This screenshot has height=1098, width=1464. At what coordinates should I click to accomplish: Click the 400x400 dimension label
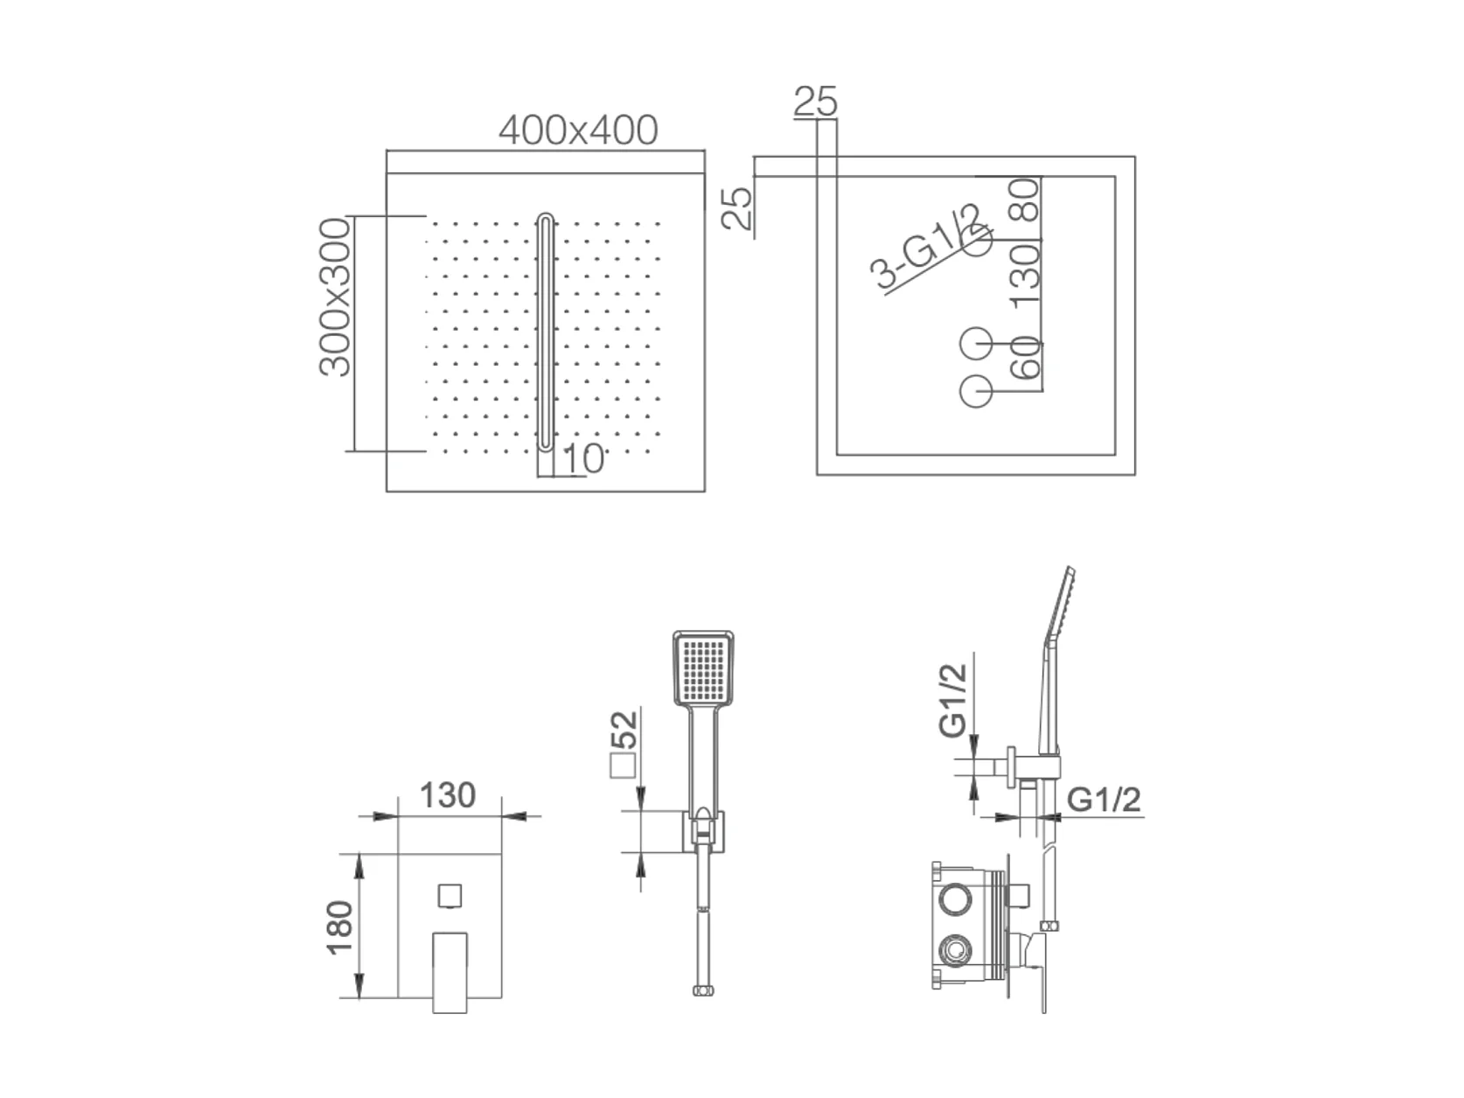(x=577, y=130)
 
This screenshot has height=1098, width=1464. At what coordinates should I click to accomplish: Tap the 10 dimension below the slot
(x=583, y=459)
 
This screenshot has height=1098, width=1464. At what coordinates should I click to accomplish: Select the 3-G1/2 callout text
(x=925, y=248)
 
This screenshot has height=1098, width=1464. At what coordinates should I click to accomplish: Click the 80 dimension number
(x=1025, y=199)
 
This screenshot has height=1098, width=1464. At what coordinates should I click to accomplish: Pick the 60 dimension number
(x=1025, y=358)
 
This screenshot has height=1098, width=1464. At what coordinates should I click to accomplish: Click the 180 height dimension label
(x=339, y=927)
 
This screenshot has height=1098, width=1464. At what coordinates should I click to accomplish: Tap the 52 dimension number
(x=624, y=729)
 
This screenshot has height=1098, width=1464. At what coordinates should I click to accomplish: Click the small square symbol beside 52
(x=623, y=766)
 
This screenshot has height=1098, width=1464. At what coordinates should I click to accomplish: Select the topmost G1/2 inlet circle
(x=977, y=240)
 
